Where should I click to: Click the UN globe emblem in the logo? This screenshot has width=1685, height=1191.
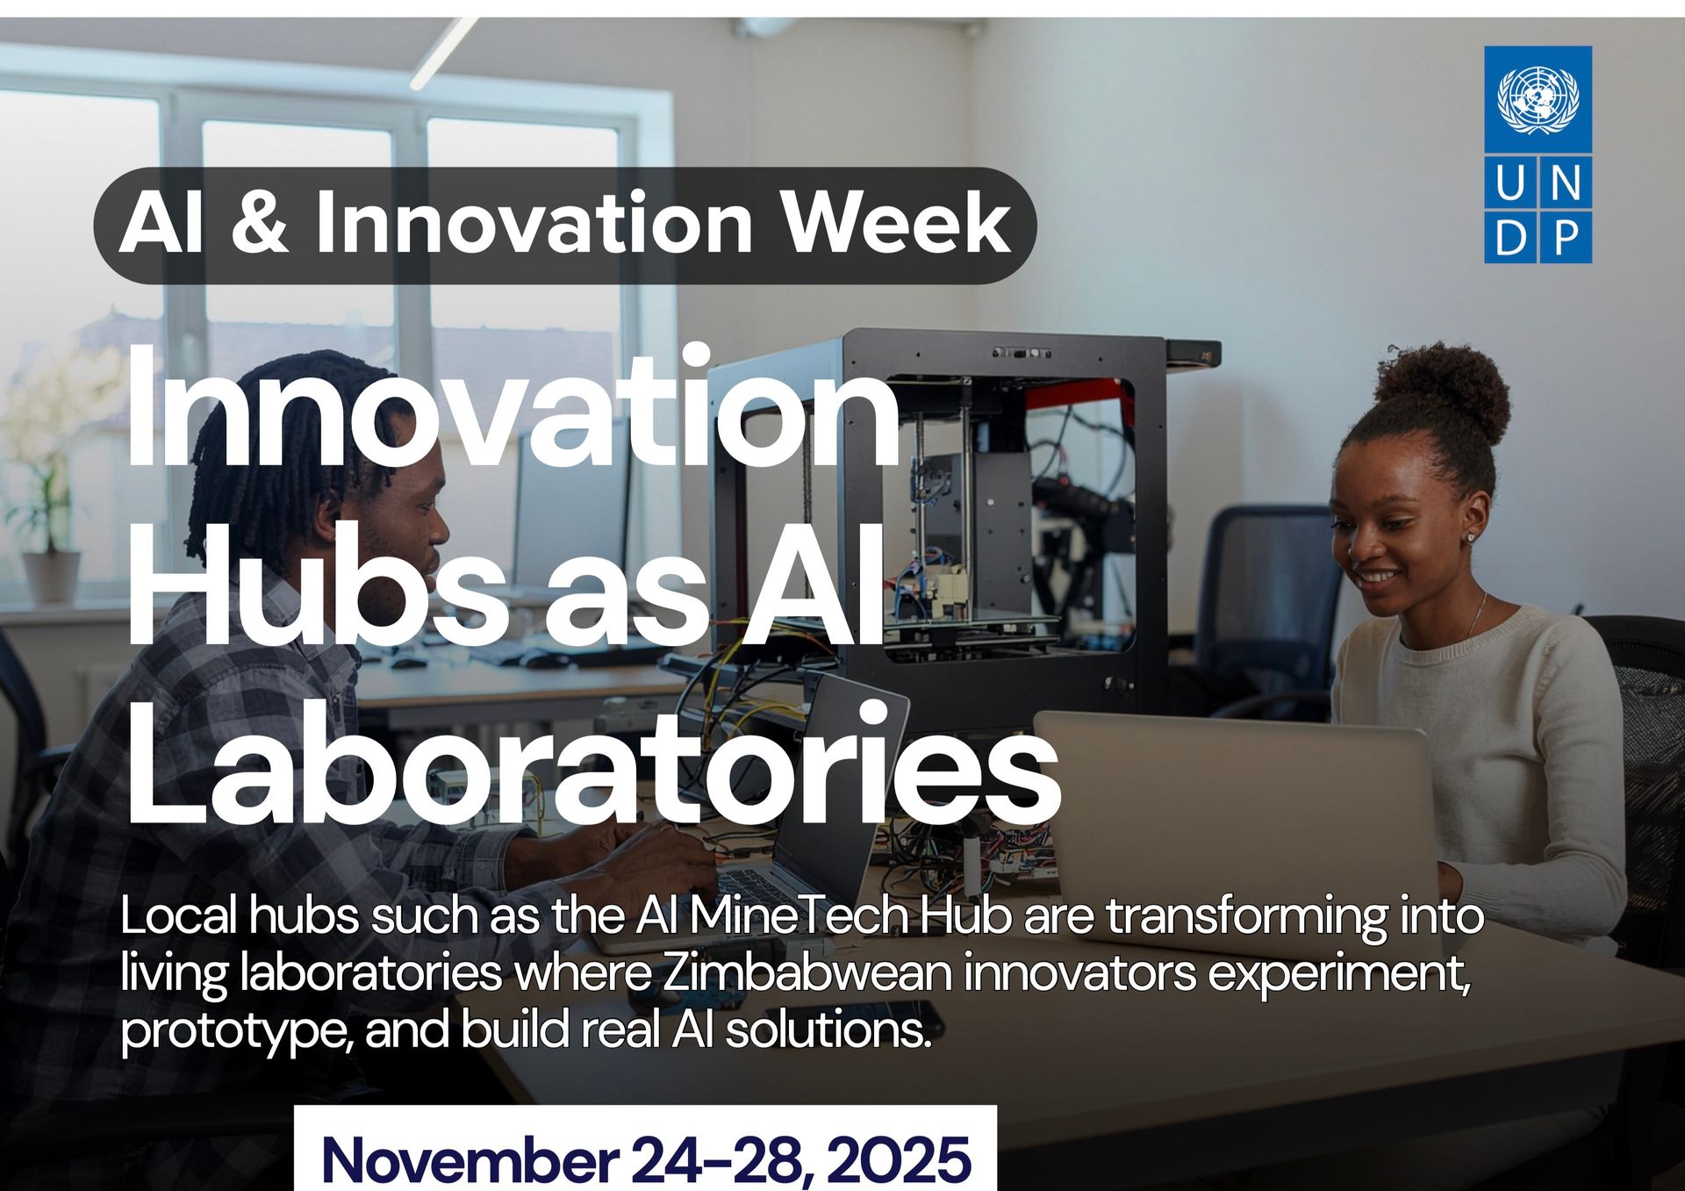point(1538,99)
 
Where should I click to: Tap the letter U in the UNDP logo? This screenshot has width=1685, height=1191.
point(1510,183)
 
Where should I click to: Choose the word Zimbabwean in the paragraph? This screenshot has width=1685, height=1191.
point(807,973)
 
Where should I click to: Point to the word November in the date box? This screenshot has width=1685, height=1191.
point(470,1160)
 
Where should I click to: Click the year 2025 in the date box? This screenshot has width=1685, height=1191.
point(899,1160)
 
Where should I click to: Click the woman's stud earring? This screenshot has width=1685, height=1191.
point(1473,537)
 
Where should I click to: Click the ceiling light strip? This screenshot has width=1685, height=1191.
point(443,53)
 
